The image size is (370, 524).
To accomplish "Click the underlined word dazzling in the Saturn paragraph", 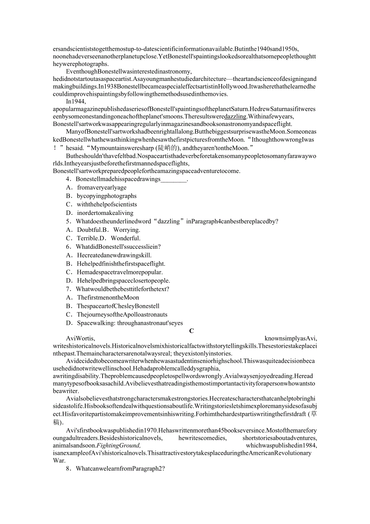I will coord(235,116).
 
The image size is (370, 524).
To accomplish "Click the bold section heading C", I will coord(191,331).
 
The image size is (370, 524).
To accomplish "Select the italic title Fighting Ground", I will coord(97,446).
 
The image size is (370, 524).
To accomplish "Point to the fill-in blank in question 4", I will coord(174,179).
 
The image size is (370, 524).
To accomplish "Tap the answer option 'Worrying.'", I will coord(127,230).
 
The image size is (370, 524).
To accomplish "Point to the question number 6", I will coord(68,247).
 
